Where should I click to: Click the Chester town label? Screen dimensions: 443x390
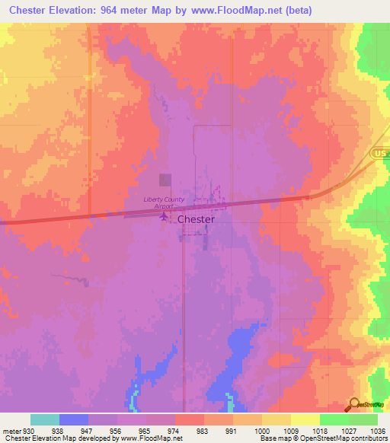pos(196,218)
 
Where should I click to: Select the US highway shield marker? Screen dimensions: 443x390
pos(380,153)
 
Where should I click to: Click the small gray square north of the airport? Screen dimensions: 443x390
pos(165,180)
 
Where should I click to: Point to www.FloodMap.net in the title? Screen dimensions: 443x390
pos(238,10)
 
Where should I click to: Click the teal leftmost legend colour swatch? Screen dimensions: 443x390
pos(45,419)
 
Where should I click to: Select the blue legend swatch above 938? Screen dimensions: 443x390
pos(74,419)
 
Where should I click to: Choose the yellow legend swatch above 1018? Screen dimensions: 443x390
pos(305,419)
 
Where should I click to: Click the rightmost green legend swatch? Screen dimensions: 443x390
pos(363,419)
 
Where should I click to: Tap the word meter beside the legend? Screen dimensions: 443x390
pos(11,430)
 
